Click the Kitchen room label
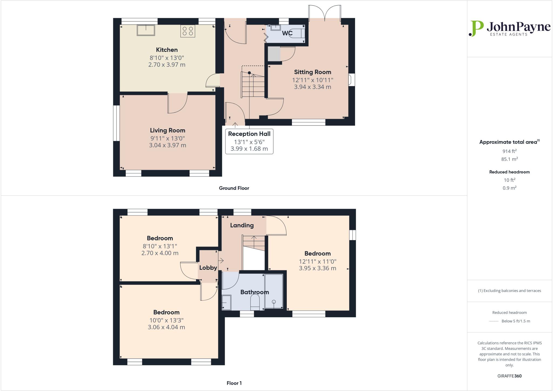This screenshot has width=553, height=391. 167,50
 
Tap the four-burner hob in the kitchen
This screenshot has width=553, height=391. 188,31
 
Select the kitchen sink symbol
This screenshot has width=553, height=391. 146,30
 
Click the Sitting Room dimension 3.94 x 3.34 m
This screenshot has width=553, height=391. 312,87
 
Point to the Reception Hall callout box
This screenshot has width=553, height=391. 249,141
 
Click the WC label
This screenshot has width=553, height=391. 287,33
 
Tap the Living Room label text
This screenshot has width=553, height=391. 167,130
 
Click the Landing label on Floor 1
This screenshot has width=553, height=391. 242,225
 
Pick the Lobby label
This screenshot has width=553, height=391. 208,268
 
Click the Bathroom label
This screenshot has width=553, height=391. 254,292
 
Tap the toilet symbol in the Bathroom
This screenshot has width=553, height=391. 255,302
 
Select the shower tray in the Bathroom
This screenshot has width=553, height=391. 274,291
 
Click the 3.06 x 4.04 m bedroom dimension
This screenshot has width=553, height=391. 166,327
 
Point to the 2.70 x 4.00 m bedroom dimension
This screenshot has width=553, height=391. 160,253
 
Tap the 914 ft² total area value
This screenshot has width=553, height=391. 509,151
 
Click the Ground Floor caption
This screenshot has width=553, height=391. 234,188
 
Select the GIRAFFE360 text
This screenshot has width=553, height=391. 509,376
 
